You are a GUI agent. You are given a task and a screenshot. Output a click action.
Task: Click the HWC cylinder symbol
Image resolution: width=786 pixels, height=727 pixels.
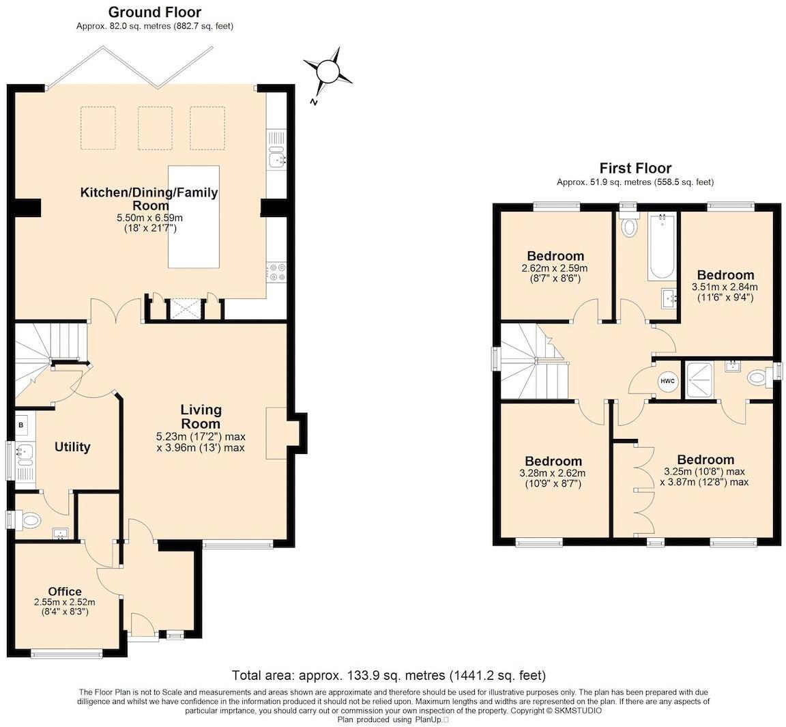[667, 382]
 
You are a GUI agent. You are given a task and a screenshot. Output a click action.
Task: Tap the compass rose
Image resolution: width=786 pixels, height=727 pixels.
[329, 71]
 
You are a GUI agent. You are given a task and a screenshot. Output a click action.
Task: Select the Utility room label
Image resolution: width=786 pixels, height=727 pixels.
[72, 446]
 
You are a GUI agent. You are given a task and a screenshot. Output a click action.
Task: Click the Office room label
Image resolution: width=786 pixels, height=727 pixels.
[65, 591]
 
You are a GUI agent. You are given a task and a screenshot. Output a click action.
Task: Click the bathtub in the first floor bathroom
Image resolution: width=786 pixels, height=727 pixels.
[662, 246]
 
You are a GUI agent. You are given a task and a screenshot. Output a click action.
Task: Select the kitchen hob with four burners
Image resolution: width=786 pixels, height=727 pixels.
[277, 272]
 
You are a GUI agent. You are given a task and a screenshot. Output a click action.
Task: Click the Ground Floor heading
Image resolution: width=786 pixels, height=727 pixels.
[154, 12]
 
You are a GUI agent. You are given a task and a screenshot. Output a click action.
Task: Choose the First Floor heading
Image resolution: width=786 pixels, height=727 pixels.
[635, 168]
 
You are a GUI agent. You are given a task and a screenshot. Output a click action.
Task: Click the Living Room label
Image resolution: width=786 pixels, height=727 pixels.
[201, 416]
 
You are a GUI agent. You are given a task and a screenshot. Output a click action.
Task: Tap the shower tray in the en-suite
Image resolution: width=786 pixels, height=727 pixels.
[700, 380]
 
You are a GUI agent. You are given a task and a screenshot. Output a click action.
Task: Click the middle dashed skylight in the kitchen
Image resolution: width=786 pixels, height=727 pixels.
[155, 128]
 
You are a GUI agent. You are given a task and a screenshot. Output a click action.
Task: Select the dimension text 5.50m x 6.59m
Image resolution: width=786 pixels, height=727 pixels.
[149, 218]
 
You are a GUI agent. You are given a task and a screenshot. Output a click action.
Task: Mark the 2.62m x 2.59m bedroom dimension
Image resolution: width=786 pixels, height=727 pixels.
[555, 268]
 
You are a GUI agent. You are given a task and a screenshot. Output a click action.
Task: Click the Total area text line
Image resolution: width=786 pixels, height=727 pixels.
[389, 675]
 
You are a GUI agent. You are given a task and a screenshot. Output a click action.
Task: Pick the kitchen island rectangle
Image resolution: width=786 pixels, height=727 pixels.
[194, 216]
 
